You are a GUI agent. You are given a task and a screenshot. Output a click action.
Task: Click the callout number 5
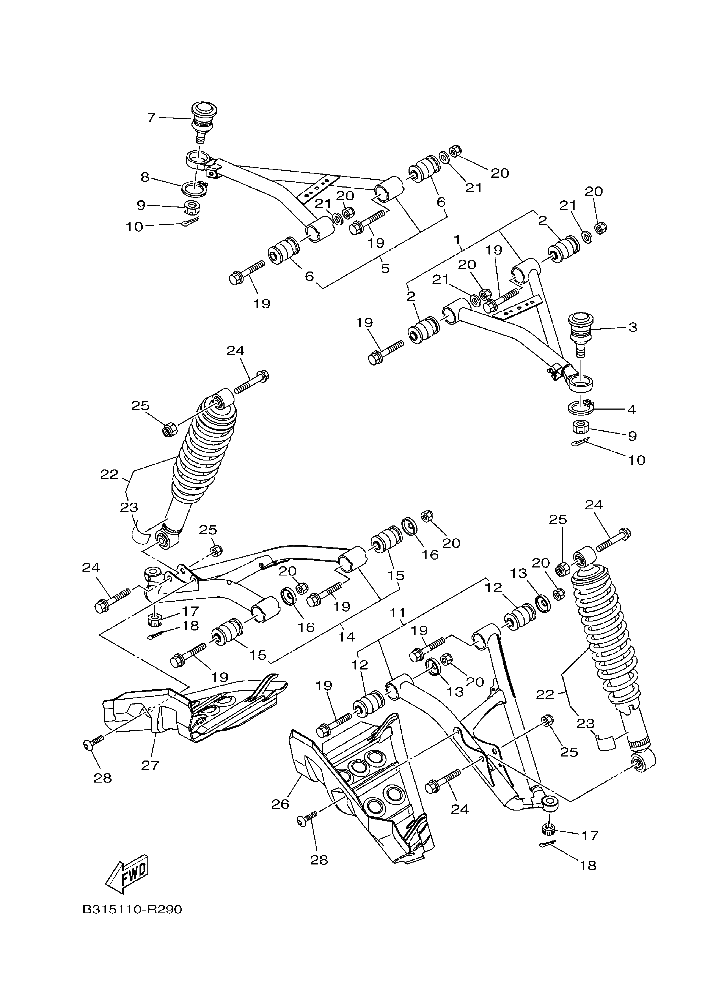(385, 268)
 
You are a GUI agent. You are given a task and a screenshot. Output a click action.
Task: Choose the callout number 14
(346, 637)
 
